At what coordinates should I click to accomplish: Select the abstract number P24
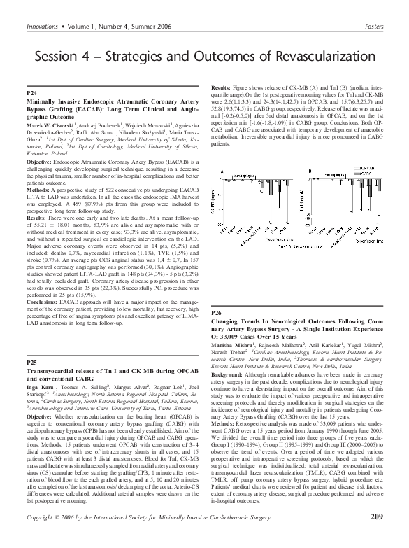(31, 92)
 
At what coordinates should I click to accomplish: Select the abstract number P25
(31, 363)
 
